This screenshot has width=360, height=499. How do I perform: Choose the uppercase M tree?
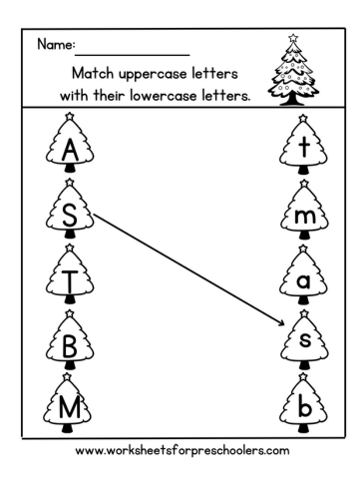[70, 407]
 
